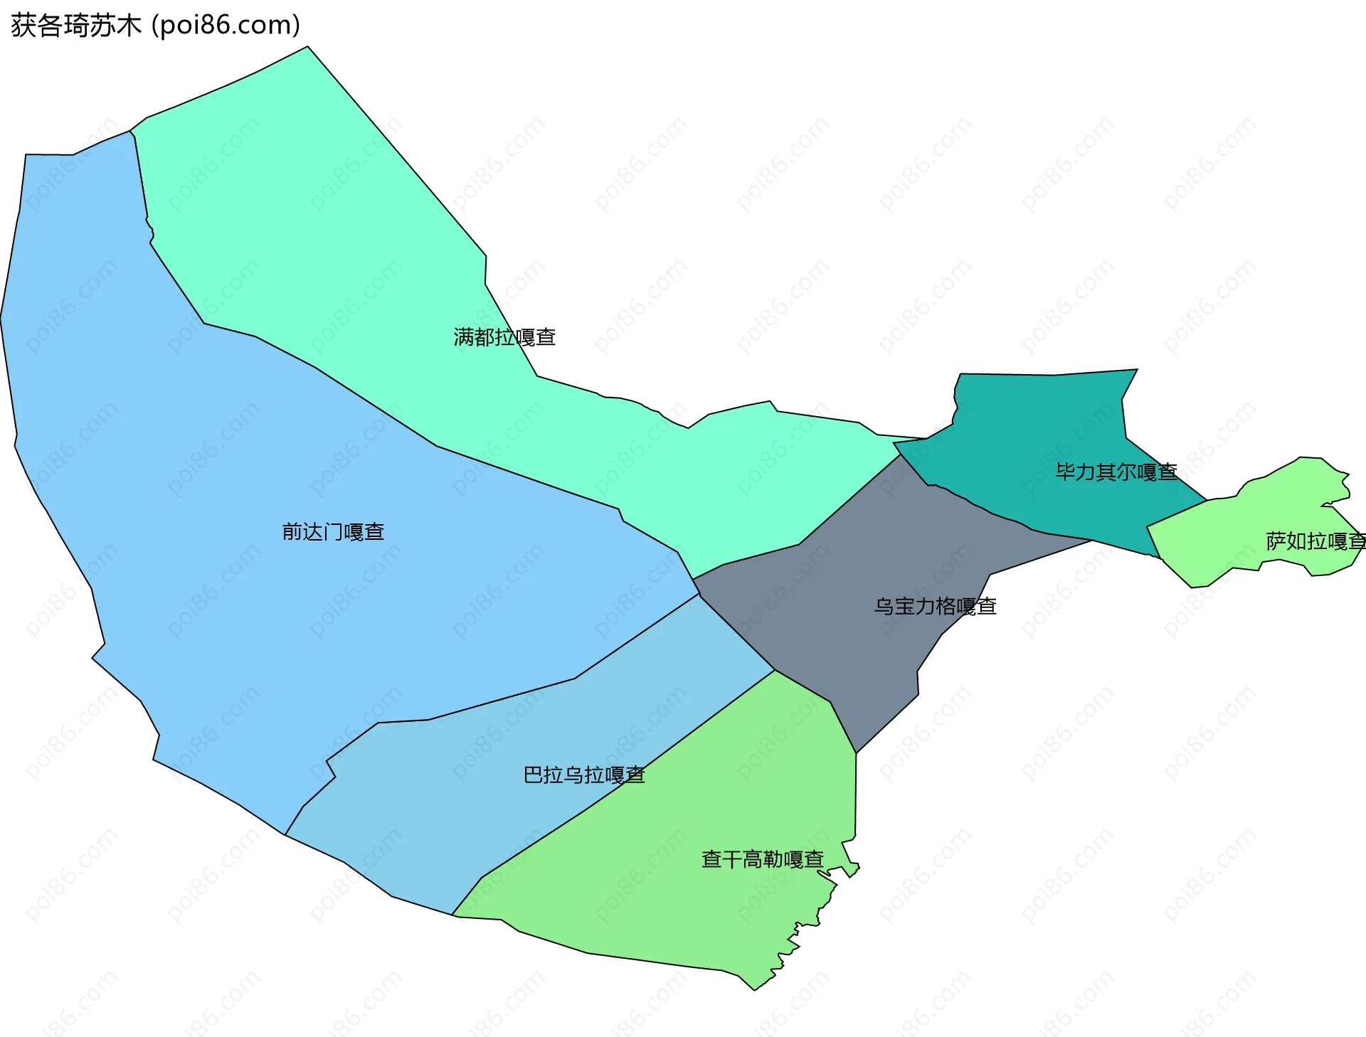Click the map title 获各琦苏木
tap(76, 26)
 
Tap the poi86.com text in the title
tap(226, 26)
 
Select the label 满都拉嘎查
tap(504, 337)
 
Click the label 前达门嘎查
tap(333, 532)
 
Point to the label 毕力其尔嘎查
tap(1116, 472)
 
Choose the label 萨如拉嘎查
tap(1315, 542)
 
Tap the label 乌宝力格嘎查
tap(935, 607)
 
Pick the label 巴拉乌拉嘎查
tap(583, 775)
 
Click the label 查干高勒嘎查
tap(762, 860)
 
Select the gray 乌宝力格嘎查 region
tap(854, 605)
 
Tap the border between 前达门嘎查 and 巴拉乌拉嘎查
tap(498, 701)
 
